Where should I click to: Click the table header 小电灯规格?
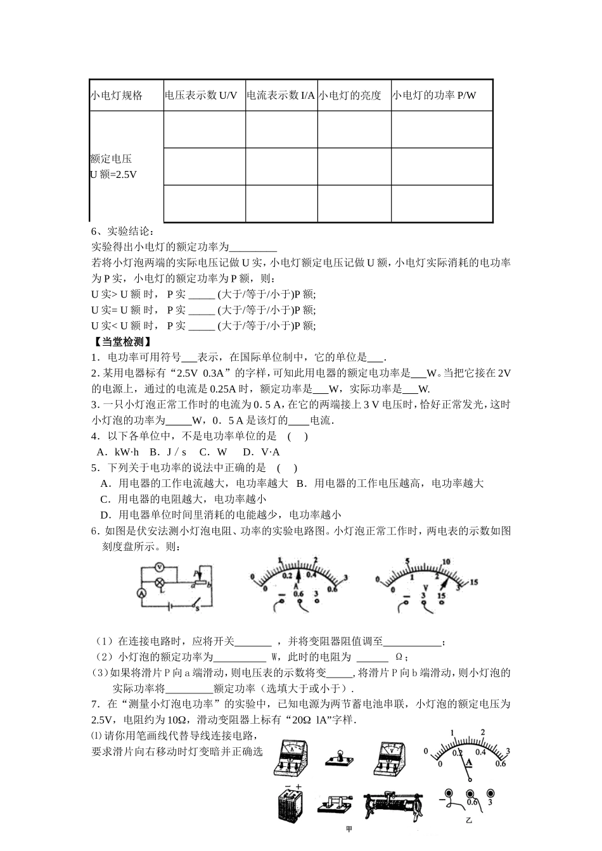pyautogui.click(x=117, y=96)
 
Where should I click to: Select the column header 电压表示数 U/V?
pyautogui.click(x=201, y=96)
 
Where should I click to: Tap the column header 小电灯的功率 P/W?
pyautogui.click(x=433, y=96)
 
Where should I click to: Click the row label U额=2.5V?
pyautogui.click(x=113, y=174)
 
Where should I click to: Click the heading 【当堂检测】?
pyautogui.click(x=120, y=341)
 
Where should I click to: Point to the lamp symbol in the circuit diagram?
pyautogui.click(x=160, y=581)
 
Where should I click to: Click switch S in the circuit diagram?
pyautogui.click(x=196, y=604)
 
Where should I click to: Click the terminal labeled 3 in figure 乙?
pyautogui.click(x=489, y=795)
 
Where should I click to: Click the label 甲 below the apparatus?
pyautogui.click(x=349, y=829)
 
